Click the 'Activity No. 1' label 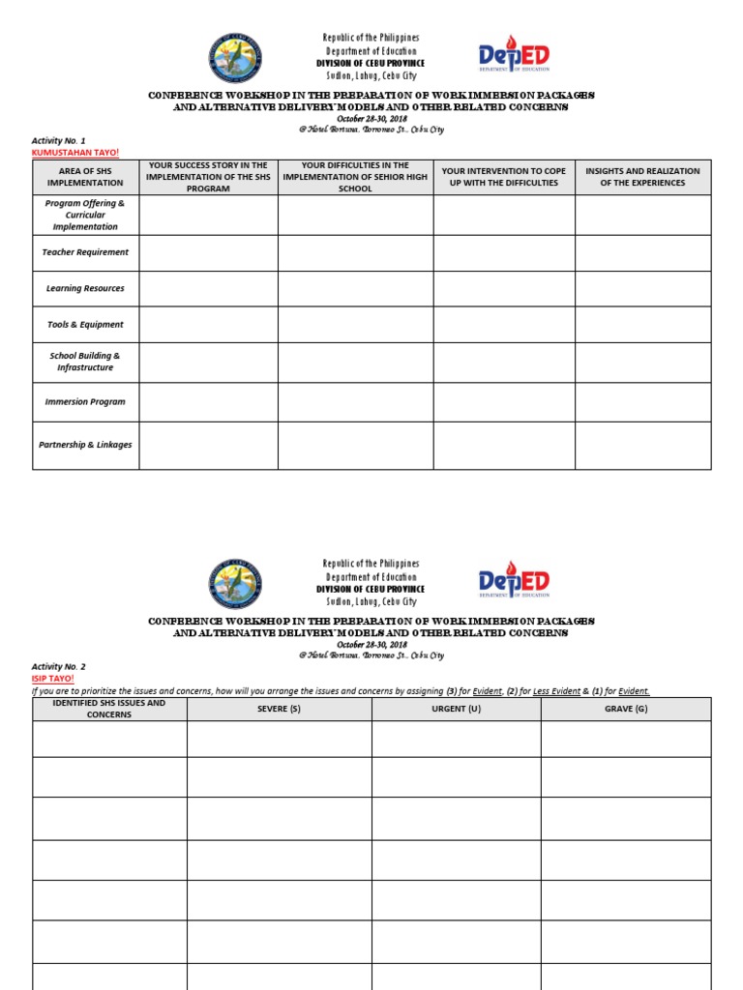pos(59,141)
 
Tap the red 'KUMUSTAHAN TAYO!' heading pos(68,153)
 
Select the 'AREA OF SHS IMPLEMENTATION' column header pos(85,177)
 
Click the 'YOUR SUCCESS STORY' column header pos(208,177)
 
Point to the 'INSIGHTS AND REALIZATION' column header pos(642,177)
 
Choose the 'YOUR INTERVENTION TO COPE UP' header pos(503,177)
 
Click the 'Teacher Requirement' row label pos(85,252)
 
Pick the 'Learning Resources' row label pos(85,289)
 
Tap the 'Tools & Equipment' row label pos(85,325)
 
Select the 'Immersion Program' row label pos(85,402)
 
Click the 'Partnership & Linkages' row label pos(85,446)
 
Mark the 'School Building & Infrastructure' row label pos(85,362)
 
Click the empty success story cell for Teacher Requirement pos(208,252)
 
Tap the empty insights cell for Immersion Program pos(642,402)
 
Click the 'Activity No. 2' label pos(59,667)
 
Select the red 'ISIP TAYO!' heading pos(52,679)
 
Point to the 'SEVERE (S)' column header pos(279,709)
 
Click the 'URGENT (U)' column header pos(456,709)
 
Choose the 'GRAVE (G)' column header pos(625,709)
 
